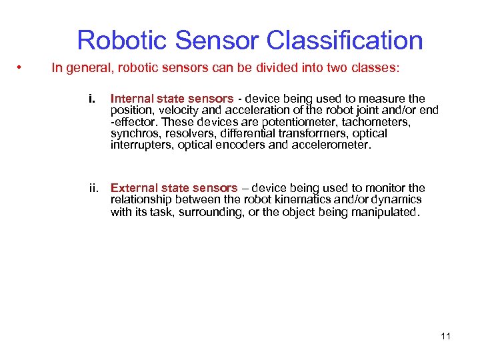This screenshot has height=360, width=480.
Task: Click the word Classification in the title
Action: (345, 41)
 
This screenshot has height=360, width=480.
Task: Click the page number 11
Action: (446, 336)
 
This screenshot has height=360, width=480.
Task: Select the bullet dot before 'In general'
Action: (22, 67)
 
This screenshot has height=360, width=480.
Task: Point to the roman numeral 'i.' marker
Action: (93, 99)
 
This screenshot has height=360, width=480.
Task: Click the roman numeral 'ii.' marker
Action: (95, 188)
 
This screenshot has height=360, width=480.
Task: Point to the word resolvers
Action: (183, 133)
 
